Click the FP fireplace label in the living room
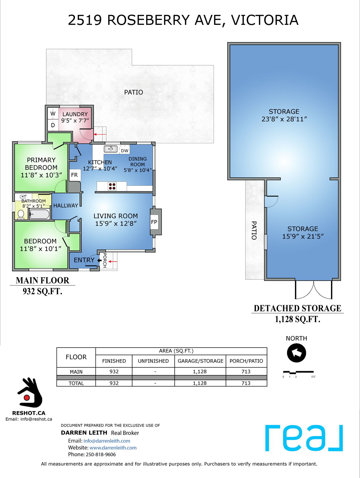154,222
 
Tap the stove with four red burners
112,186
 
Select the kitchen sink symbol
110,149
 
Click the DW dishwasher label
125,151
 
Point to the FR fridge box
75,175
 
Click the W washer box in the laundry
53,114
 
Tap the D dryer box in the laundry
53,125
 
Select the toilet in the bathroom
21,214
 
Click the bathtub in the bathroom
39,214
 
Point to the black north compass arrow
296,353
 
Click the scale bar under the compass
298,372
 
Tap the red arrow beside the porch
113,261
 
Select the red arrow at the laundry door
100,134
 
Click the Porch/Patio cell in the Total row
246,383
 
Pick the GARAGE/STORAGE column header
200,361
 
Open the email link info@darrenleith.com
107,441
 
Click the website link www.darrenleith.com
113,448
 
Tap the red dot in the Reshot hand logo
27,397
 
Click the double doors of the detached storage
314,290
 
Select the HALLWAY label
66,205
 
